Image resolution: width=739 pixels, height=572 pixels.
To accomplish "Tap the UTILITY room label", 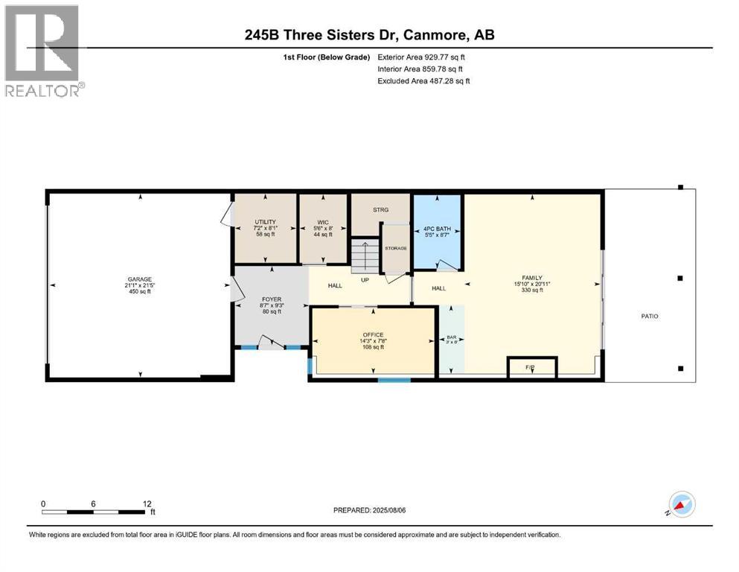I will coord(266,222).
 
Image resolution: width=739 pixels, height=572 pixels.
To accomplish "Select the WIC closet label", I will coord(322,222).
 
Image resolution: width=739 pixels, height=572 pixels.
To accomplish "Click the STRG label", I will coord(380,210).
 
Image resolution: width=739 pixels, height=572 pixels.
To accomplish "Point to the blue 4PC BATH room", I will coord(438,231).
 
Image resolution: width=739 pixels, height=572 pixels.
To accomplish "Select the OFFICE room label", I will coord(373,334).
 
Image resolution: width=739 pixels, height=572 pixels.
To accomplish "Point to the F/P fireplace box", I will coord(531,368).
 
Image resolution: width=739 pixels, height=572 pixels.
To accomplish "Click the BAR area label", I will coord(450,337).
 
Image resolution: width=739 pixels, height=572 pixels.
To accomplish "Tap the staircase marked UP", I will coord(365,257).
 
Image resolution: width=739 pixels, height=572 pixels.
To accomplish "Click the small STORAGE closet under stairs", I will coord(396,249).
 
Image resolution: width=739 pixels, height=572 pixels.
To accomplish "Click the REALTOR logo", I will coord(44,51).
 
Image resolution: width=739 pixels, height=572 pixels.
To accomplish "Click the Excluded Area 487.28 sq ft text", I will coord(423,80).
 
